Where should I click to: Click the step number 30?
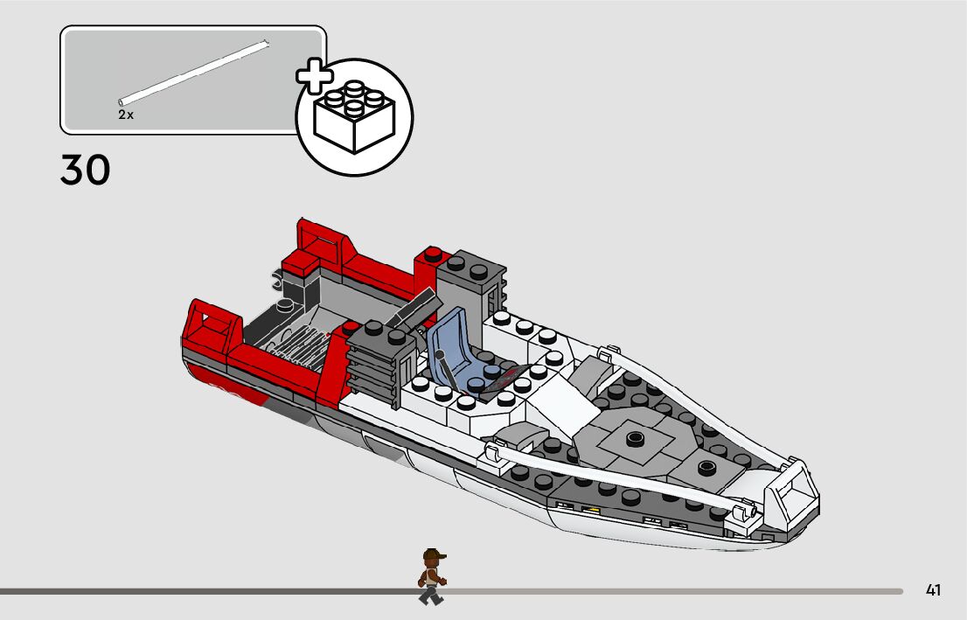[x=86, y=171]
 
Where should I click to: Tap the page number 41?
[x=933, y=590]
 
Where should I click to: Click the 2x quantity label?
[x=126, y=115]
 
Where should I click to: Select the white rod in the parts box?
[x=193, y=71]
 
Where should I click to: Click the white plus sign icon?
[x=315, y=76]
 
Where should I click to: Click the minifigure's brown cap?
[x=434, y=554]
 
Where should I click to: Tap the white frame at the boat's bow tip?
[x=791, y=499]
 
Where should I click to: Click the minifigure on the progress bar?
[x=432, y=577]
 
